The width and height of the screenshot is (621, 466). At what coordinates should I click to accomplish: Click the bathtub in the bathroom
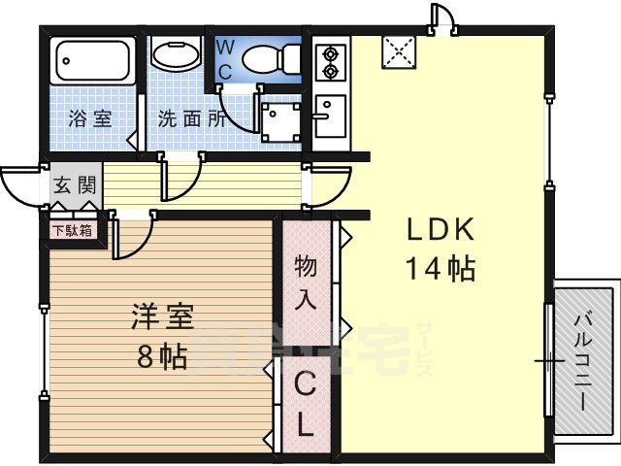point(91,62)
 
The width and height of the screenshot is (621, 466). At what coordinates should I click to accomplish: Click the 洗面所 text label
point(192,120)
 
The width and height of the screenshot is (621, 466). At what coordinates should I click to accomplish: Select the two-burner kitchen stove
point(331,60)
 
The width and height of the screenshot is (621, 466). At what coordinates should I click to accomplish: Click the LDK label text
point(439,231)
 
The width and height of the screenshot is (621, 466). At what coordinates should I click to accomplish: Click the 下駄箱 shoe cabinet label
point(73,231)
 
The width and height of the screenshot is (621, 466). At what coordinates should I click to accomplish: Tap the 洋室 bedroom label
point(162,316)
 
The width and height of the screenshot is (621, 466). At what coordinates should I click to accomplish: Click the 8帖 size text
point(161,356)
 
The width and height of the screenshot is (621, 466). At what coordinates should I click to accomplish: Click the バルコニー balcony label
point(584,359)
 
